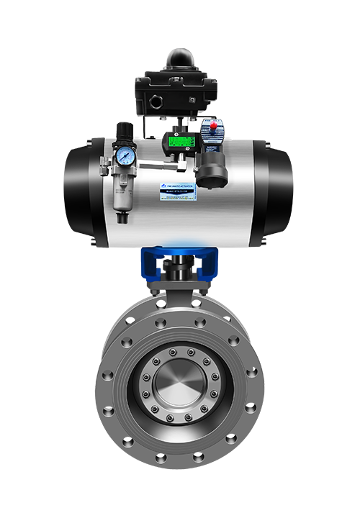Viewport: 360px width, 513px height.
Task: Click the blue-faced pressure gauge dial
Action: (126, 154)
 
